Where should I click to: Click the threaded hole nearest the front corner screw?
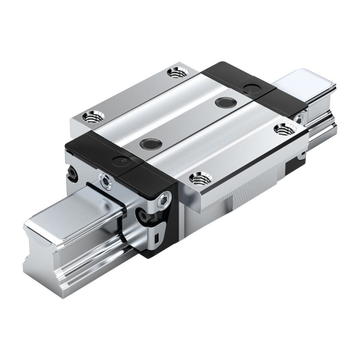pyautogui.click(x=201, y=179)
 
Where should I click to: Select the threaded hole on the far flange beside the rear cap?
pyautogui.click(x=177, y=72)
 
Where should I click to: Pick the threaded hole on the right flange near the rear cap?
pyautogui.click(x=284, y=130)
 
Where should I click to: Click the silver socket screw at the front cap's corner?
pyautogui.click(x=165, y=198)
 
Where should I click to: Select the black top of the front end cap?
pyautogui.click(x=121, y=155)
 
